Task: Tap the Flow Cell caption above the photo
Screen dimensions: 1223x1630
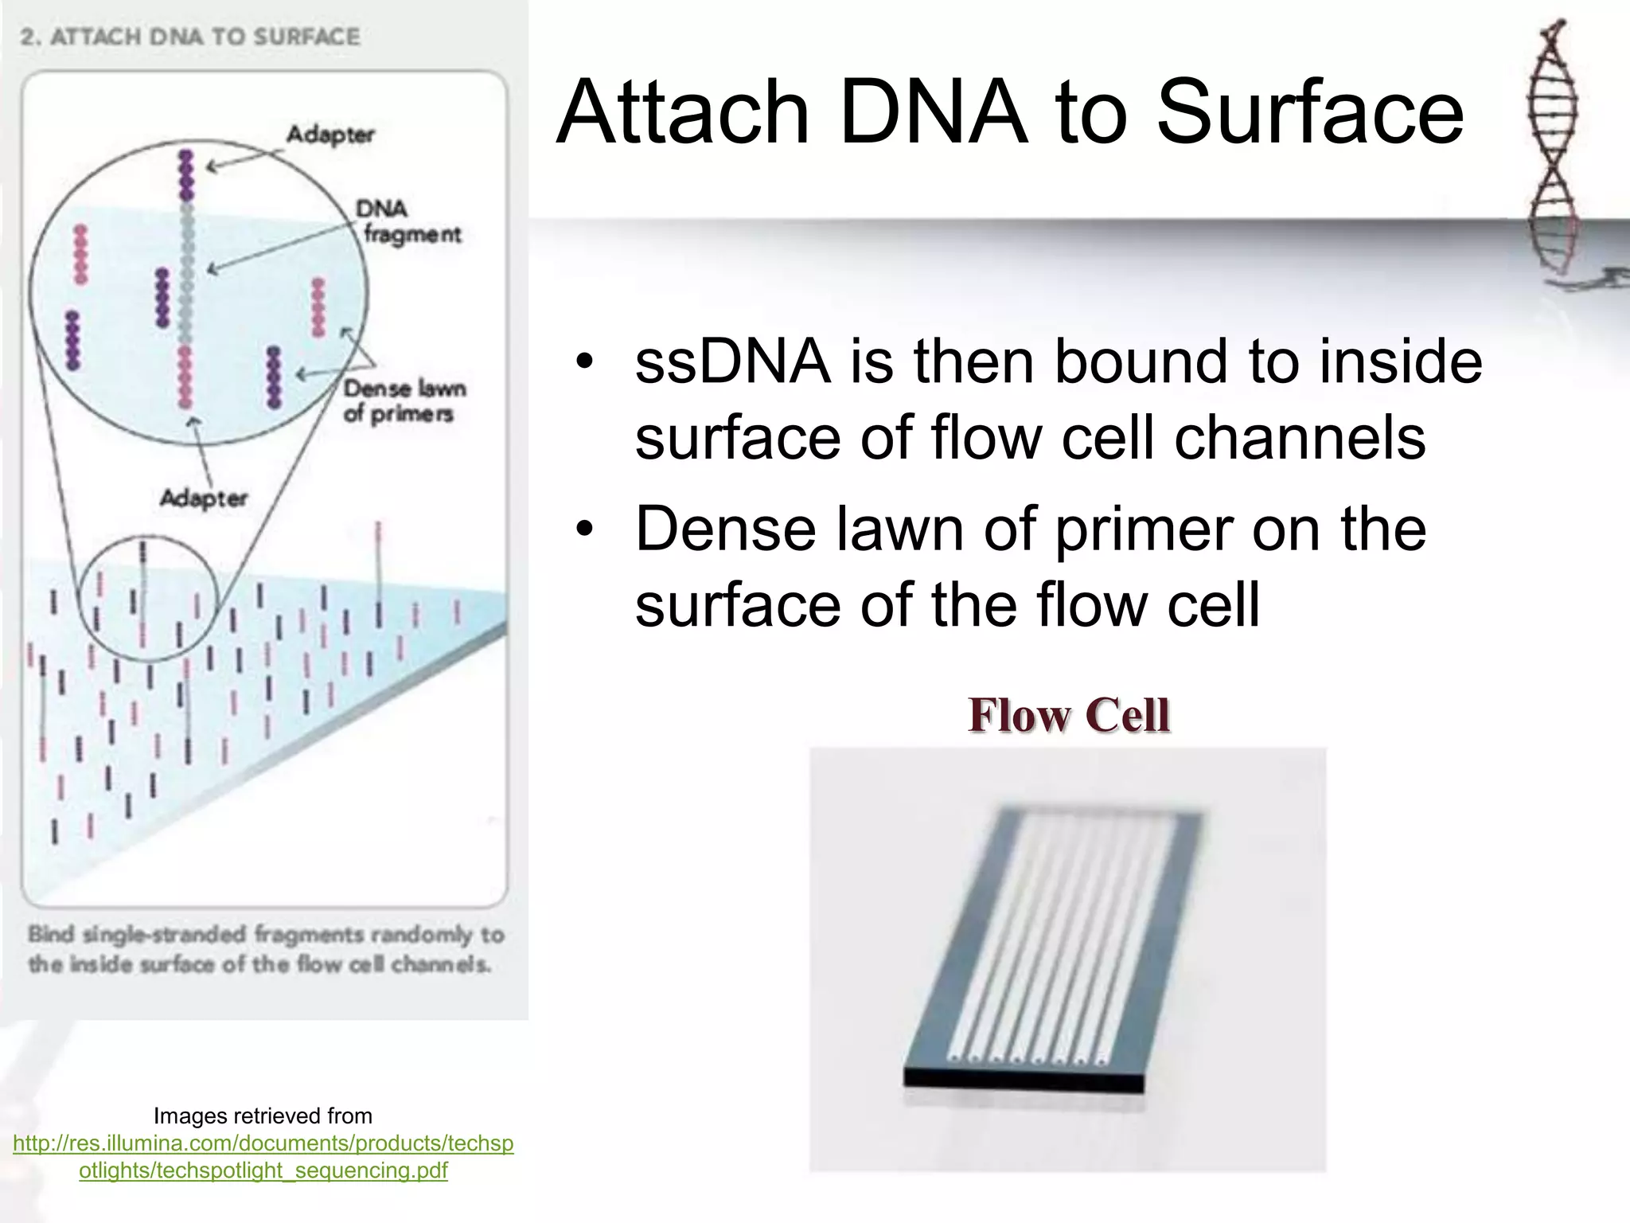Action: (1068, 714)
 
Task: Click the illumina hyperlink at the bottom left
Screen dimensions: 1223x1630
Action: (263, 1156)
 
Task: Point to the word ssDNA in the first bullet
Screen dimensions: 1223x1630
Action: (732, 362)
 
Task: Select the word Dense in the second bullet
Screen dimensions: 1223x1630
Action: (724, 529)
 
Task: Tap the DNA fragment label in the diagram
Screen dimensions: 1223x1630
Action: (407, 221)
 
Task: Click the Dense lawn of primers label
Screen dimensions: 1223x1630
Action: (404, 401)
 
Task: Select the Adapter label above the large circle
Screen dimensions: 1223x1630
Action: (330, 134)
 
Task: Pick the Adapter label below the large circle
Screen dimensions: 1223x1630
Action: (204, 498)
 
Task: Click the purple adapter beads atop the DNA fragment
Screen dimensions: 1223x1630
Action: (187, 175)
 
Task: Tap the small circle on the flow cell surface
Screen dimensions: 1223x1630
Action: (147, 599)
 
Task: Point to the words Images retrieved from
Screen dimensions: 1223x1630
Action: (263, 1116)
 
